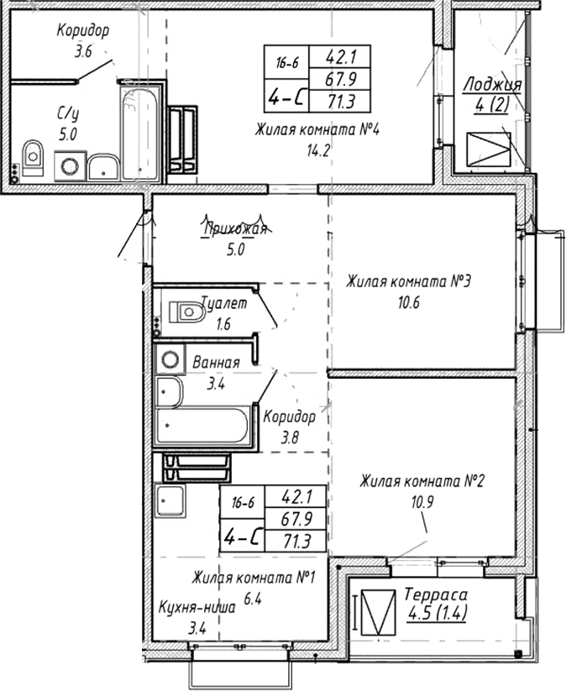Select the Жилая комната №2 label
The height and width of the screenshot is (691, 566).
coord(423,481)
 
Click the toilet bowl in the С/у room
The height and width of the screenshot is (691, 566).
coord(33,155)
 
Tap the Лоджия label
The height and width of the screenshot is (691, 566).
coord(492,85)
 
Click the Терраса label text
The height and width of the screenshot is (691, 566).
coord(435,594)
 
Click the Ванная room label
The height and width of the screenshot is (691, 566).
coord(216,363)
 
